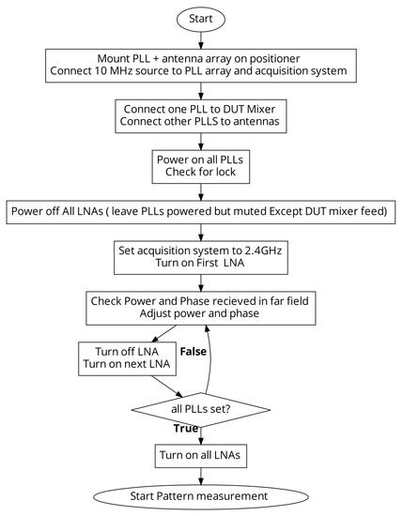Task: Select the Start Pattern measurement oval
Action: point(200,495)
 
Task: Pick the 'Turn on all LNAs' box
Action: point(200,455)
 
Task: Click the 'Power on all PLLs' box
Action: point(200,166)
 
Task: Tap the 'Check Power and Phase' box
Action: point(200,307)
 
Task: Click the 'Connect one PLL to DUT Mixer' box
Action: point(200,115)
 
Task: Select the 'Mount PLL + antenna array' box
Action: point(200,65)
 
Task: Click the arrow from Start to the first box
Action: point(200,38)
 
